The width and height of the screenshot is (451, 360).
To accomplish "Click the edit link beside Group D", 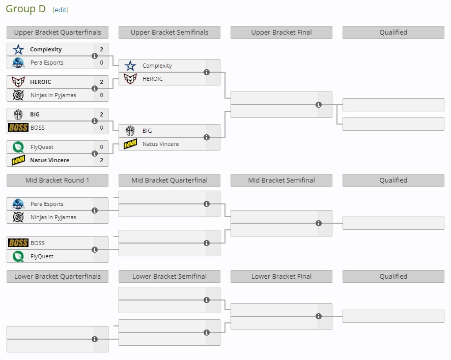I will (x=60, y=10).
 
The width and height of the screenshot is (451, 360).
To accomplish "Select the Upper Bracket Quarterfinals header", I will (x=58, y=32).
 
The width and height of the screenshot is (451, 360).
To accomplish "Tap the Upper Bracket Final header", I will (x=281, y=32).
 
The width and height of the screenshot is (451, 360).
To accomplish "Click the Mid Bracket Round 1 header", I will (x=58, y=180).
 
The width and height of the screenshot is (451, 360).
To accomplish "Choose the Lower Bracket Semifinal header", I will (x=170, y=276).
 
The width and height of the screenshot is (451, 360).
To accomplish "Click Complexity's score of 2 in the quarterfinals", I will (x=101, y=49).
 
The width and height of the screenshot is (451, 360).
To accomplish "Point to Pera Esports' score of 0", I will (x=101, y=63).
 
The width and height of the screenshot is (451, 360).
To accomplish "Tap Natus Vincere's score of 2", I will (x=101, y=160).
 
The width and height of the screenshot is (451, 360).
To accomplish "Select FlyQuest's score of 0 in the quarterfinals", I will (x=101, y=147).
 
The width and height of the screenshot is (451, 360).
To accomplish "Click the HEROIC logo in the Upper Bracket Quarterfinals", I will (x=18, y=82).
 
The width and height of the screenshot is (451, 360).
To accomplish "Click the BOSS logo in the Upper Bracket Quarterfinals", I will (x=18, y=128).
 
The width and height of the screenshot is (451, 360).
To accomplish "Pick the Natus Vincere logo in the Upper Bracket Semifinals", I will (x=130, y=144).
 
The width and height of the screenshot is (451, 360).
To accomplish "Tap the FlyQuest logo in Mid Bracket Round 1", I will (x=18, y=256).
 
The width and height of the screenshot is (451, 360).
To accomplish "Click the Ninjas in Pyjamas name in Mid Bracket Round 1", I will (x=53, y=217).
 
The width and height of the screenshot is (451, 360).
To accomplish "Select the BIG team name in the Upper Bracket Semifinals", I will (x=147, y=131).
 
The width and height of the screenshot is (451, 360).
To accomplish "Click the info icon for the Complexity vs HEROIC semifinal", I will (x=207, y=72).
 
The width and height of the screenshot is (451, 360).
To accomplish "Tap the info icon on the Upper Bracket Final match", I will (x=319, y=105).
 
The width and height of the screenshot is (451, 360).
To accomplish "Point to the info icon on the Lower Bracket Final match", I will (x=319, y=316).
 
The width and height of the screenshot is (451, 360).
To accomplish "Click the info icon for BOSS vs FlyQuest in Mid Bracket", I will (x=95, y=250).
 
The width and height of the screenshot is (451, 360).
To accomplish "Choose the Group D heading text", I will (x=25, y=9).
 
